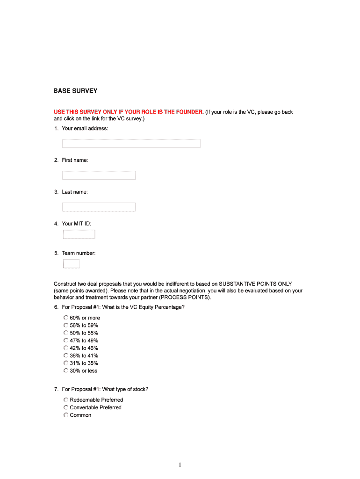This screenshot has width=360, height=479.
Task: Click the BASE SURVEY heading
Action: tap(75, 91)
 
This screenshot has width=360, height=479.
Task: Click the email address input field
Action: tap(131, 144)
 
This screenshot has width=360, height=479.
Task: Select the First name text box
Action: tap(99, 175)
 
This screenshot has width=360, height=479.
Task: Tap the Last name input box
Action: tap(99, 207)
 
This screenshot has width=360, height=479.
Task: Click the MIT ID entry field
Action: tap(79, 234)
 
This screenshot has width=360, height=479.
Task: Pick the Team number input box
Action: tap(71, 264)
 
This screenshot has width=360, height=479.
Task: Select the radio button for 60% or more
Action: tap(66, 318)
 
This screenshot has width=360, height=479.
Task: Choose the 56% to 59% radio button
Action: tap(66, 325)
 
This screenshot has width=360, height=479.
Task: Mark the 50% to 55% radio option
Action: tap(66, 333)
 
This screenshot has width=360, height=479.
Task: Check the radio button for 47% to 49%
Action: tap(66, 341)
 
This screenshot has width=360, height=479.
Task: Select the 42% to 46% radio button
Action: tap(66, 348)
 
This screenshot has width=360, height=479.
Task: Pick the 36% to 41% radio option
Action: tap(66, 356)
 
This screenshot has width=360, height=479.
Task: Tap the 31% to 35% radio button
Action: tap(66, 363)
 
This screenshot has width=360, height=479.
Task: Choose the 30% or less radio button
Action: tap(66, 370)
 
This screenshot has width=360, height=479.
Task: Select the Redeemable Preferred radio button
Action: tap(66, 400)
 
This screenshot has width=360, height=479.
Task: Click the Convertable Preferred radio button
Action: tap(66, 407)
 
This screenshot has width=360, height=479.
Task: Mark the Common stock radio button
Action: tap(66, 415)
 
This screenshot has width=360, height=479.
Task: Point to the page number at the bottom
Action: tap(180, 464)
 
